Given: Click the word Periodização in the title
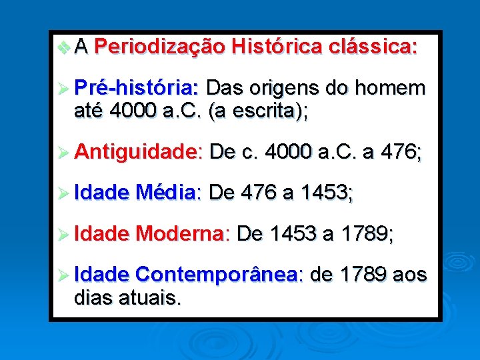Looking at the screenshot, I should [x=159, y=47].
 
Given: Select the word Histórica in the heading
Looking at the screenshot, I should [x=275, y=47].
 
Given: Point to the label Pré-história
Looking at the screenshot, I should [x=136, y=88].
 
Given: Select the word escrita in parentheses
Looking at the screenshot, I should [x=265, y=112].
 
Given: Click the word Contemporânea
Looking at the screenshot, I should [x=219, y=275].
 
